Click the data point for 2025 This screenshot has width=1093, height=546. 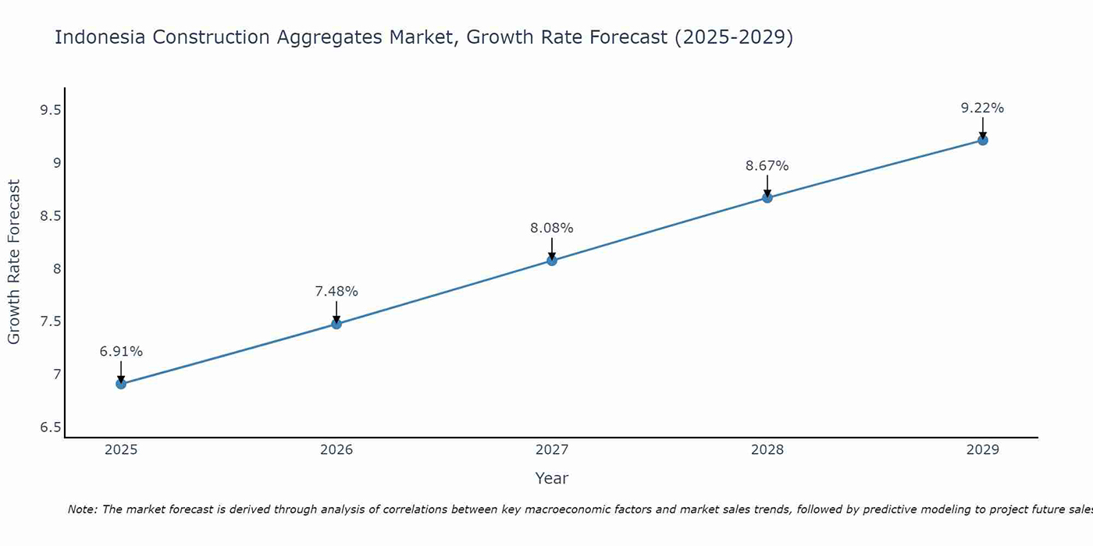click(x=121, y=384)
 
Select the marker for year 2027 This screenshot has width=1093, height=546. click(x=552, y=261)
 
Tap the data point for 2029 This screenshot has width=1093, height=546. click(x=983, y=140)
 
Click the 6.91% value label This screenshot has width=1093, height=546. click(x=121, y=352)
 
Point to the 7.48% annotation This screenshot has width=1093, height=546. click(x=336, y=292)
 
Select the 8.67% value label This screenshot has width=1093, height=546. click(x=767, y=166)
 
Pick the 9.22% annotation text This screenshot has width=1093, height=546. click(x=983, y=108)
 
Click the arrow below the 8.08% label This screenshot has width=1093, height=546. click(x=552, y=248)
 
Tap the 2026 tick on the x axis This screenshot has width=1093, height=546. click(x=336, y=450)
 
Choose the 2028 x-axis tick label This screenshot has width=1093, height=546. click(x=767, y=450)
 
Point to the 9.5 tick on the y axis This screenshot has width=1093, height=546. click(x=51, y=110)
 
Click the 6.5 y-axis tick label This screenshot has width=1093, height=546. click(x=51, y=427)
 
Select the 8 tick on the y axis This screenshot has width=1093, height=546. click(x=56, y=269)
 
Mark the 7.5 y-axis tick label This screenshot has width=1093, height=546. click(x=51, y=322)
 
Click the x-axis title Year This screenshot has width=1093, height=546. click(x=552, y=478)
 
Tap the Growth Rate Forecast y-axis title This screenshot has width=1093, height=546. click(x=14, y=262)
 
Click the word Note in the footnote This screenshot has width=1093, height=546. click(x=82, y=509)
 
